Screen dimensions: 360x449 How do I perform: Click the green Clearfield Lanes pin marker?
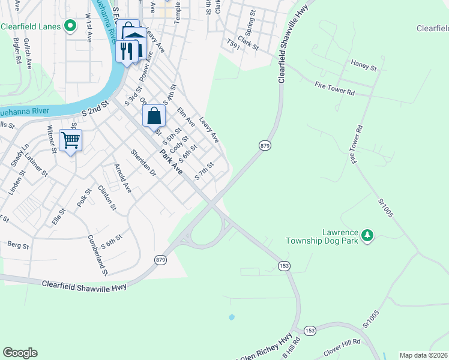(x=70, y=26)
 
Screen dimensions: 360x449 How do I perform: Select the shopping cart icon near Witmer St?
(x=71, y=141)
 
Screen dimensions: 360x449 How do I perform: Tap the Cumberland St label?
(x=97, y=256)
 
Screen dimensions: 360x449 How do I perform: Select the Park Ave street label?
(x=170, y=162)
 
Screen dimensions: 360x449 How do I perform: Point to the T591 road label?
(x=233, y=44)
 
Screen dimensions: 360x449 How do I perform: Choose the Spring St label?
(x=247, y=26)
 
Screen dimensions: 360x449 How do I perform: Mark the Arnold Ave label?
(x=122, y=178)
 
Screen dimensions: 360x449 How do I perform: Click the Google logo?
(x=20, y=353)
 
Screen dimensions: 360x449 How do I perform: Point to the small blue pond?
(x=232, y=317)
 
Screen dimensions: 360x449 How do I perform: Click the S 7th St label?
(x=205, y=172)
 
